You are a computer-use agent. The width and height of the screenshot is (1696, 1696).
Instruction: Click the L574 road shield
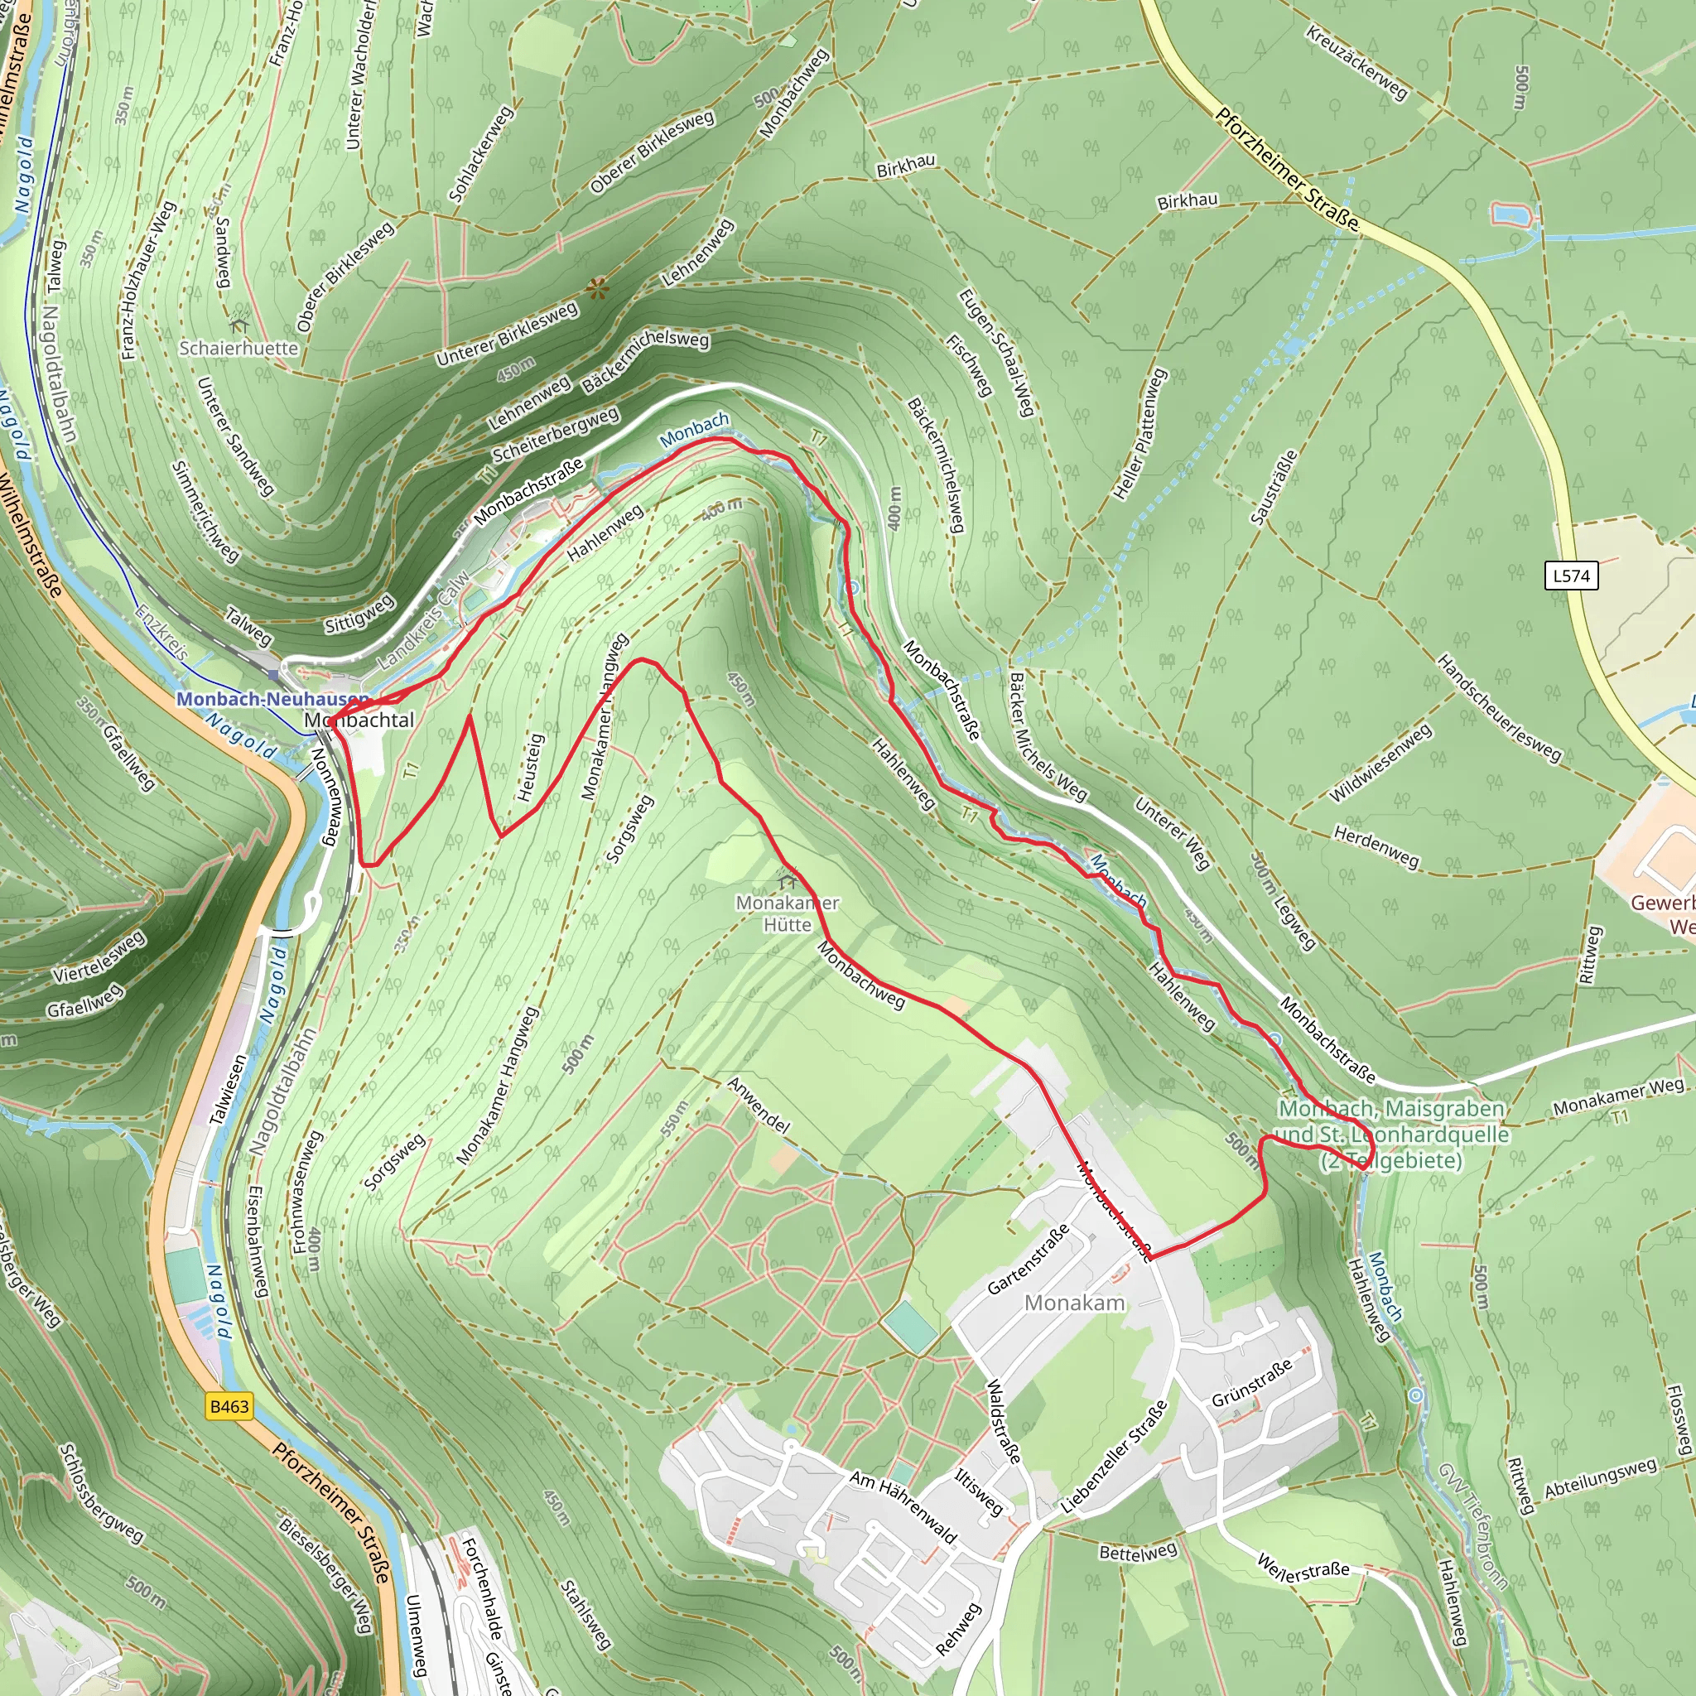coord(1570,576)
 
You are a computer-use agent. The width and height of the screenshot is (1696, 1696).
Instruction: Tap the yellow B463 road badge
coord(229,1406)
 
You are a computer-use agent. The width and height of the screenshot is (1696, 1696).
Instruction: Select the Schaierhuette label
coord(238,348)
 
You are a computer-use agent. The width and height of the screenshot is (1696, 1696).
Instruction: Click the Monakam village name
coord(1074,1303)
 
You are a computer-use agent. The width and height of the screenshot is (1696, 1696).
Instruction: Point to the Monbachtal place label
coord(359,720)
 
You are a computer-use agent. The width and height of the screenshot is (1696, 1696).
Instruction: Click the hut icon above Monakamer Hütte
coord(788,880)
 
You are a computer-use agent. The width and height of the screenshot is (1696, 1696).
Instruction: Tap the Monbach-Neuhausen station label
coord(272,699)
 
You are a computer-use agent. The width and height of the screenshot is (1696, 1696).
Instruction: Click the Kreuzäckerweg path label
coord(1356,62)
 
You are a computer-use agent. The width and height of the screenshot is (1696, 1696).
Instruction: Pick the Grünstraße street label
coord(1252,1385)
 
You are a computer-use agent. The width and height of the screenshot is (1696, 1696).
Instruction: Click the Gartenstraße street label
coord(1028,1259)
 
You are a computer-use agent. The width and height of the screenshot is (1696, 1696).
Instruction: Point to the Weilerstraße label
coord(1303,1567)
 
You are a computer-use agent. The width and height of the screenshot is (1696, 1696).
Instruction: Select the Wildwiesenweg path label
coord(1380,763)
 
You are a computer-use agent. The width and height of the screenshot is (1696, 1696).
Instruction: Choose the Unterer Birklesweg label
coord(507,334)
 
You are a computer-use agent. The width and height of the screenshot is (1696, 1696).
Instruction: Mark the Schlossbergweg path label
coord(101,1492)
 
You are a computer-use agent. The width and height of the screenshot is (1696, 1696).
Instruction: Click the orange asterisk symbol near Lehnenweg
coord(597,288)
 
